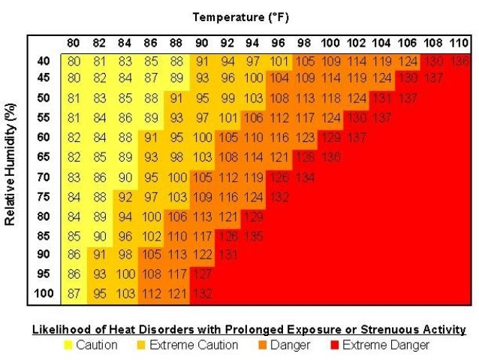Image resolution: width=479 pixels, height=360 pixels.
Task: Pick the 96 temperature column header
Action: pos(279,43)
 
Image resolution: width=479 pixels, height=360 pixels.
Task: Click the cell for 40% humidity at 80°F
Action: pos(74,60)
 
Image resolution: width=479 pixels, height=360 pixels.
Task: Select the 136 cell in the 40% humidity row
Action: pos(461,60)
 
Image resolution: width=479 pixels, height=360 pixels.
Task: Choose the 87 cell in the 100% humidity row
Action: pos(74,293)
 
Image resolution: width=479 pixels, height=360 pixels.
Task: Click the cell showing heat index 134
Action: pos(305,177)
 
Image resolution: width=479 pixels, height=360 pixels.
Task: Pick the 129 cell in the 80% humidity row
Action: pos(254,216)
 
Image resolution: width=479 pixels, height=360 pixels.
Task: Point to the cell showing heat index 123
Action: pos(305,138)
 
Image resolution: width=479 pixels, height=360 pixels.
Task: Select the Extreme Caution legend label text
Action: pos(194,346)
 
